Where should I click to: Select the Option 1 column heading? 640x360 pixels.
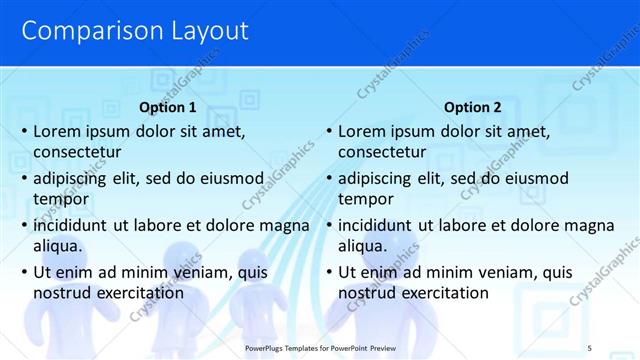167,107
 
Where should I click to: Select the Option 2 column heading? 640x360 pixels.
473,107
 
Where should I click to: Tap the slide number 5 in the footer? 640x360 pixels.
589,347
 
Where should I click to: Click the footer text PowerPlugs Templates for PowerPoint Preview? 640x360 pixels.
327,347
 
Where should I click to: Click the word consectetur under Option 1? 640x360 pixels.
77,152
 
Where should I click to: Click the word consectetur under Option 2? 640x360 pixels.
382,152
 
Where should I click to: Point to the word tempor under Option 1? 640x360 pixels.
61,198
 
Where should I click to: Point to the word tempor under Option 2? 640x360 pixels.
366,198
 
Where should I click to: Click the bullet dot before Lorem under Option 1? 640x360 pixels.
23,131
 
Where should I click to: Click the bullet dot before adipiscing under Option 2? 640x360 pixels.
328,178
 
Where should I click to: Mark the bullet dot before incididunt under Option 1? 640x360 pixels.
23,225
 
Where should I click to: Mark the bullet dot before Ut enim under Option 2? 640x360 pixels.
328,272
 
